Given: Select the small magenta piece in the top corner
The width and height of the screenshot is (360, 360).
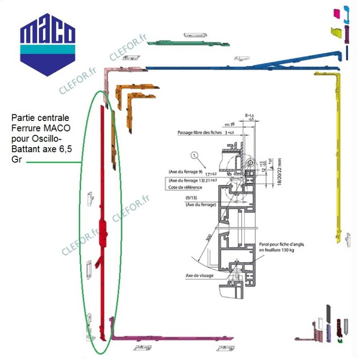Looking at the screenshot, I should [x=335, y=12].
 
